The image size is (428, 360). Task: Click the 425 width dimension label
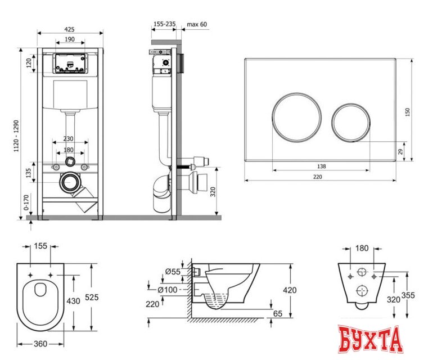(69, 29)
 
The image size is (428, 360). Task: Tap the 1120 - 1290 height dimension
(16, 136)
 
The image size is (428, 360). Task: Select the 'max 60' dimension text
(197, 24)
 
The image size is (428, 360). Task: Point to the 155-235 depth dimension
(165, 24)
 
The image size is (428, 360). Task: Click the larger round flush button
(297, 118)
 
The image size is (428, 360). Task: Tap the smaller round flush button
(351, 123)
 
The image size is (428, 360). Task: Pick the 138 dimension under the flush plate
(322, 166)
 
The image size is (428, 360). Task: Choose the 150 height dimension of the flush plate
(408, 112)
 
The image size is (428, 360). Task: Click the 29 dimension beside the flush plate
(400, 152)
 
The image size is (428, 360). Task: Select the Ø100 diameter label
(168, 290)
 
